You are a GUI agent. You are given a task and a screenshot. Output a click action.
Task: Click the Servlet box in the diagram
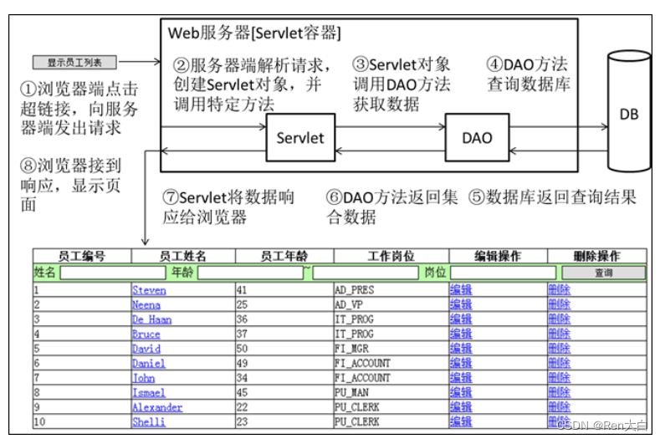coord(300,138)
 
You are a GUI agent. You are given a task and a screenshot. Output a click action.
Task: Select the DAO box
coord(477,138)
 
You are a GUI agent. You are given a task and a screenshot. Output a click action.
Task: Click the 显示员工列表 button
coord(74,62)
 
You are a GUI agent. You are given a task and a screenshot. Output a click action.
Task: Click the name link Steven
coord(149,290)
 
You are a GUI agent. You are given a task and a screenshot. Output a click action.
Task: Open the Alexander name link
coord(157,407)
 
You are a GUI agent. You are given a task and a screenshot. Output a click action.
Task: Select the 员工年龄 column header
coord(284,256)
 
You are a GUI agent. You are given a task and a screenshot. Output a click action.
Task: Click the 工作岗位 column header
coord(391,256)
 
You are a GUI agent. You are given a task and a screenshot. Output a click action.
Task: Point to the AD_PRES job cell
coord(355,290)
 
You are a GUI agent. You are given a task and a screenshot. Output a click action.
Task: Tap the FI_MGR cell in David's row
coord(352,349)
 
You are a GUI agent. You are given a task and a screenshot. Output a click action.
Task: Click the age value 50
coord(243,349)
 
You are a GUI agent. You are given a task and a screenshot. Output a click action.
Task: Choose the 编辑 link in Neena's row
coord(461,304)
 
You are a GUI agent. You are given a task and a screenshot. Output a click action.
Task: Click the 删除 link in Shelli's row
coord(560,422)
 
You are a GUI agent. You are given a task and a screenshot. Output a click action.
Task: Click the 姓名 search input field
coord(113,273)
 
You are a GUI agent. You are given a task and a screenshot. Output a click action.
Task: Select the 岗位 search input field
coord(503,273)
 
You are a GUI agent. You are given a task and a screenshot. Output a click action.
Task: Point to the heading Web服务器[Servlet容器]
coord(254,33)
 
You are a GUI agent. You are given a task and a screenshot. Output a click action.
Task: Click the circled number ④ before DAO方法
coord(495,64)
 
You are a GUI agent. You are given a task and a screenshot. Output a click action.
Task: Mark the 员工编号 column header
coord(82,256)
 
